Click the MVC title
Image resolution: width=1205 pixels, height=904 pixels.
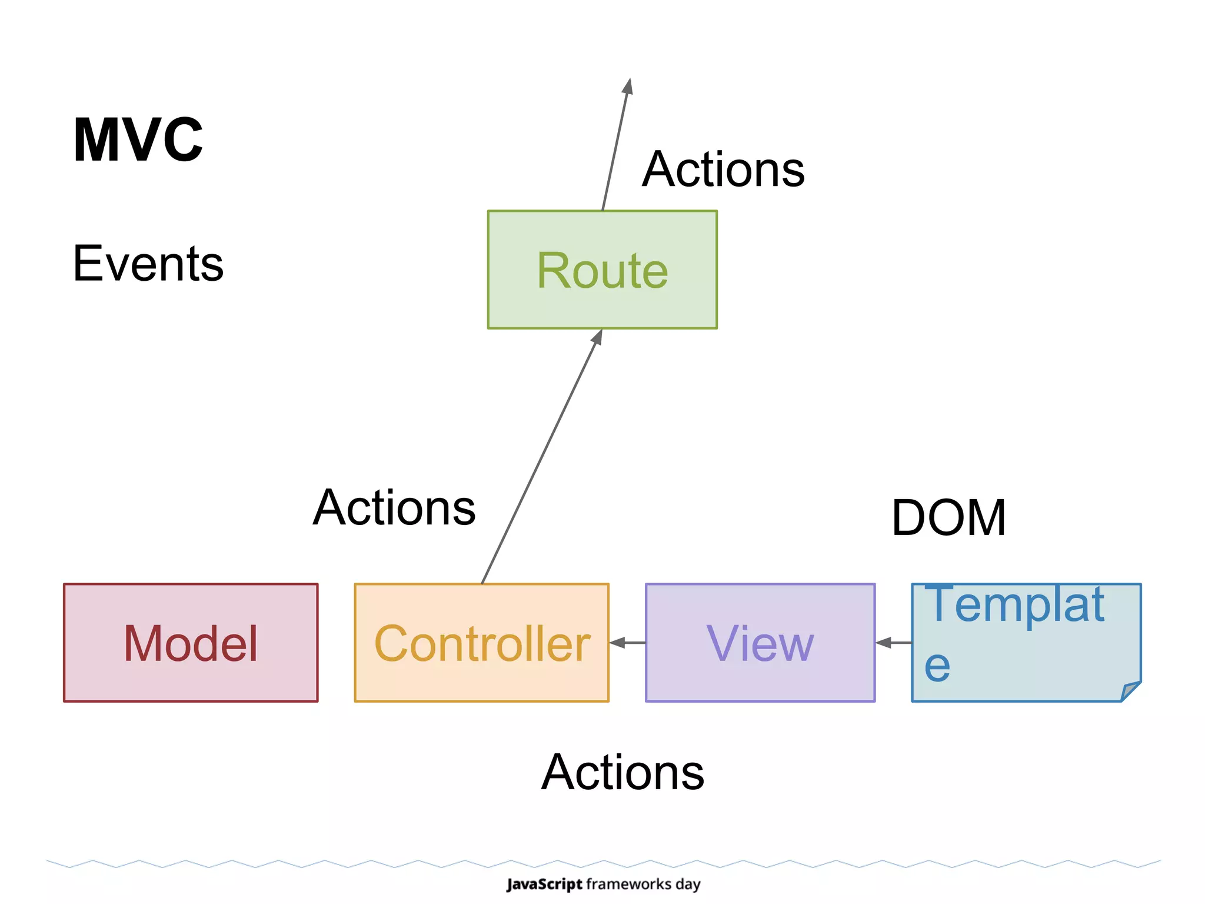[x=138, y=140]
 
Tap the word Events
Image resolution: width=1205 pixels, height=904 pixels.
[x=148, y=264]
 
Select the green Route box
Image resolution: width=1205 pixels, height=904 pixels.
[x=602, y=270]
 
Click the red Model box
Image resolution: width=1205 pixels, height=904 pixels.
[x=190, y=643]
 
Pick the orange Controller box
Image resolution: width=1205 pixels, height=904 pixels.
[x=481, y=643]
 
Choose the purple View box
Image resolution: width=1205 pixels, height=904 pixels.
[x=760, y=643]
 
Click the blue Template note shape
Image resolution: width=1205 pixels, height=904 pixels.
[x=1026, y=643]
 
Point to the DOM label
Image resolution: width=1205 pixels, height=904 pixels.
[x=948, y=517]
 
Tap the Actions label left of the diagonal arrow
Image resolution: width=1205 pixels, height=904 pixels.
[x=394, y=507]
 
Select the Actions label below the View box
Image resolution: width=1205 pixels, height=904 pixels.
[x=623, y=772]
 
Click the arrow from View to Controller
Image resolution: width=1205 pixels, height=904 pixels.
[x=627, y=643]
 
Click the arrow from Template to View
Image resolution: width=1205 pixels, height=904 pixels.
[x=893, y=643]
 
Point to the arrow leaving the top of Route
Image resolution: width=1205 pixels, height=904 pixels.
[x=616, y=144]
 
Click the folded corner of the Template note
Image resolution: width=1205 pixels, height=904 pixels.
[x=1130, y=690]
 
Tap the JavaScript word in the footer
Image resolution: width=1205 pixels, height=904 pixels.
[x=544, y=884]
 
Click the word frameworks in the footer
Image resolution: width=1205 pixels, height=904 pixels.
[x=629, y=884]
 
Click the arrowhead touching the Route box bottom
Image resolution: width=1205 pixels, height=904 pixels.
[x=597, y=337]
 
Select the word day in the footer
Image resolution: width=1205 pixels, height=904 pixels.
[x=688, y=884]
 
